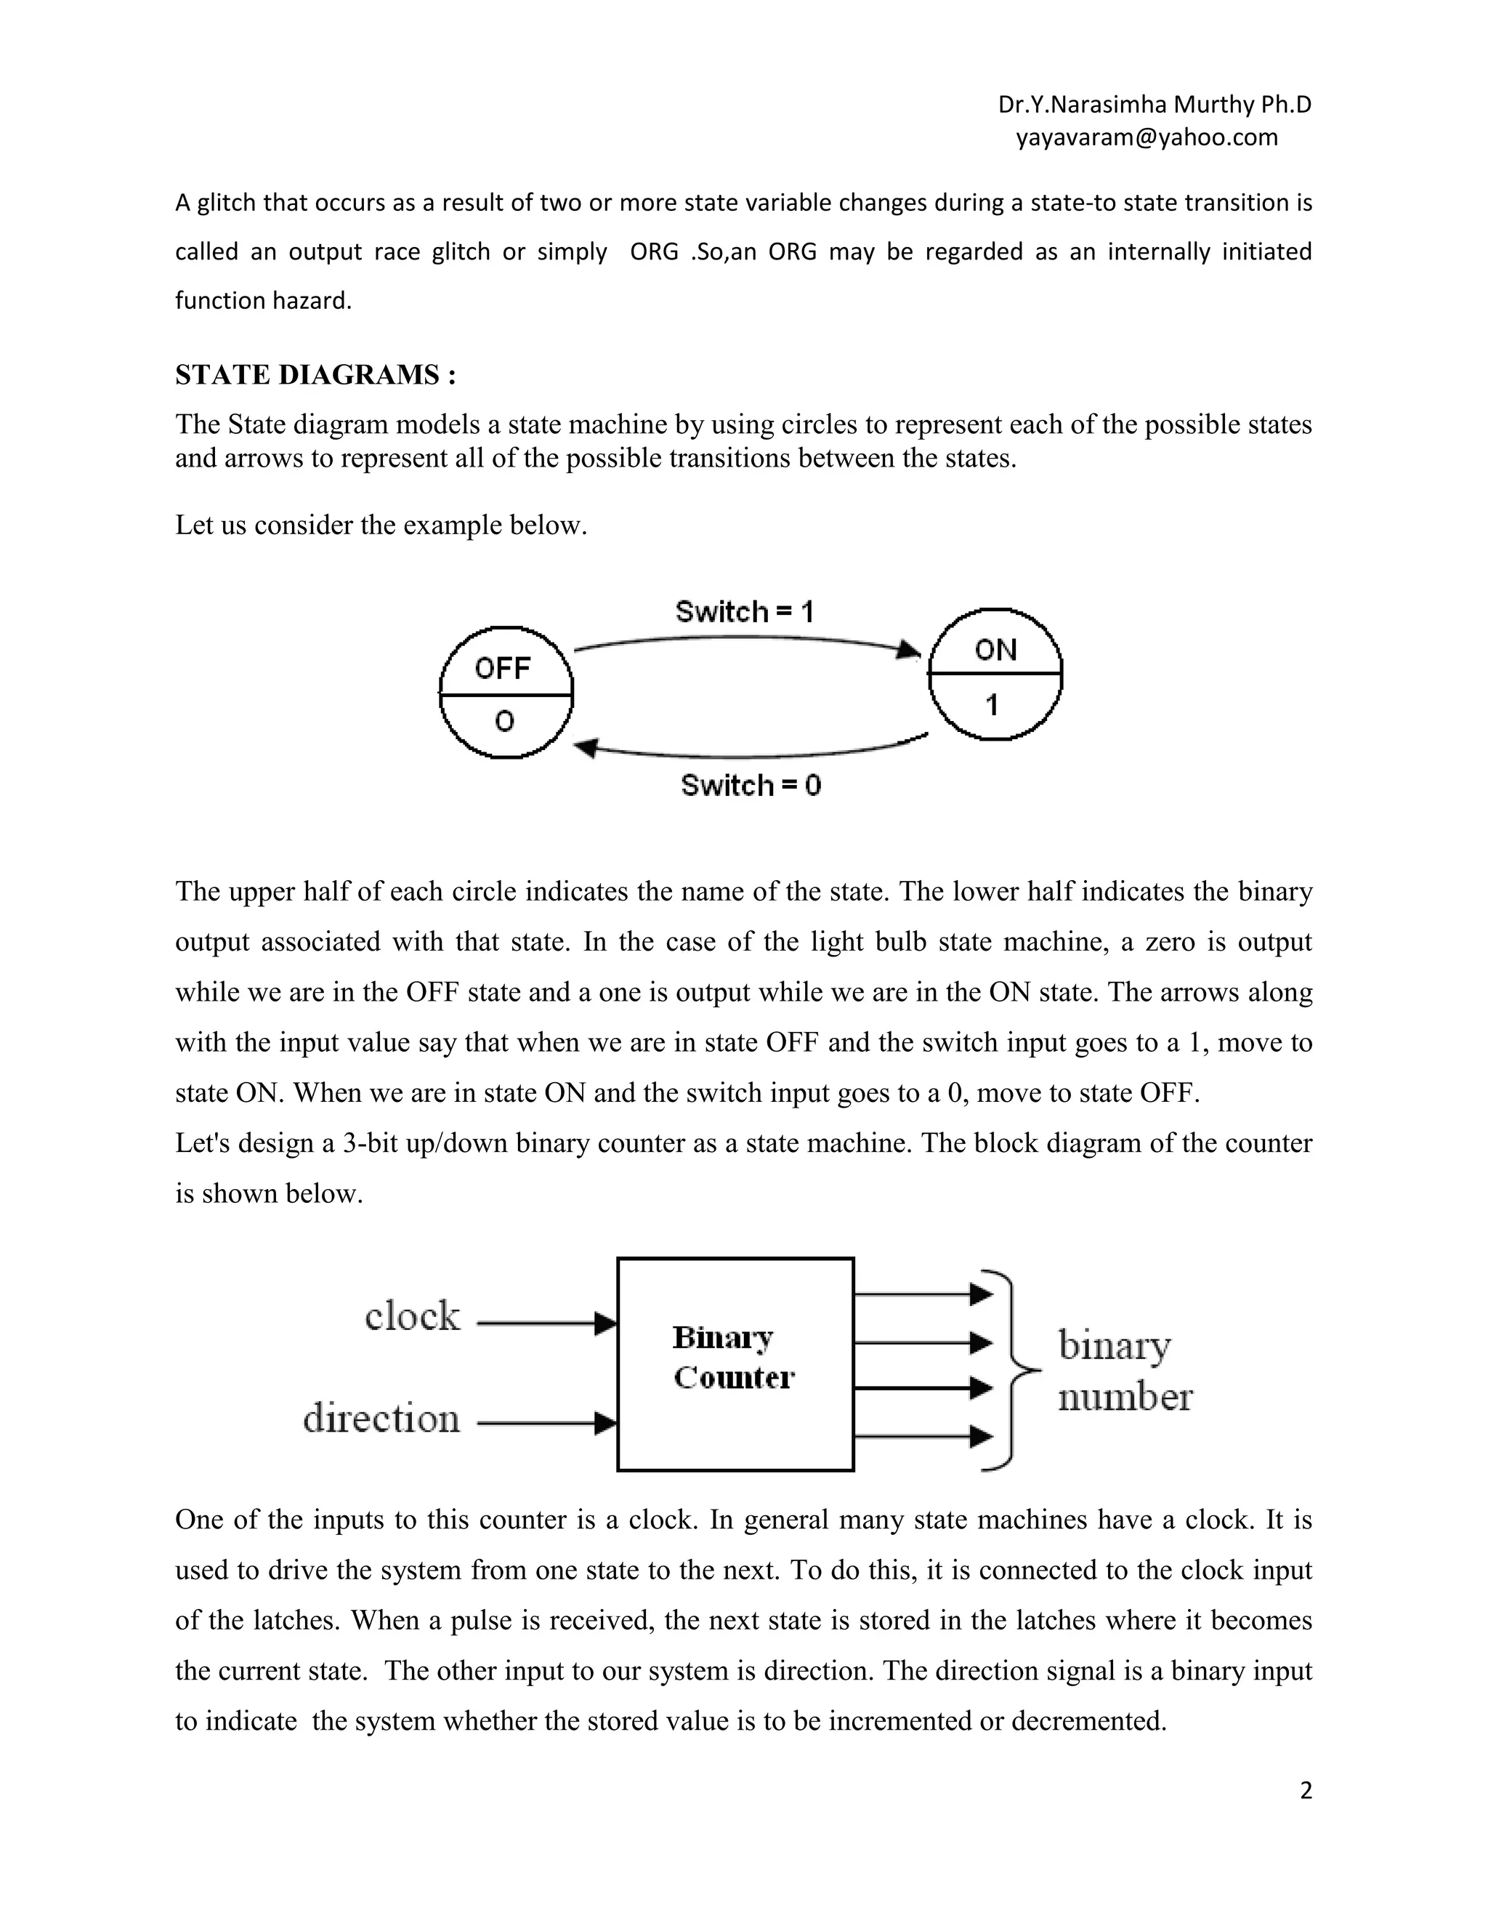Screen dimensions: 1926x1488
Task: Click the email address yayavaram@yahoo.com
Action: pyautogui.click(x=1146, y=137)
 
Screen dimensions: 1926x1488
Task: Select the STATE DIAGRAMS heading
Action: pyautogui.click(x=315, y=375)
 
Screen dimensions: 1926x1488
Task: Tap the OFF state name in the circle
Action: pyautogui.click(x=503, y=669)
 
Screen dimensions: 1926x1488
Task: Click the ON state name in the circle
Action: pyautogui.click(x=995, y=650)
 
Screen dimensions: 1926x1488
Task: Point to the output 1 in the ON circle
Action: pyautogui.click(x=992, y=704)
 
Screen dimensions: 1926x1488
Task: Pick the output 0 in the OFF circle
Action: pyautogui.click(x=504, y=722)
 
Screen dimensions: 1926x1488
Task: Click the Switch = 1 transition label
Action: pyautogui.click(x=744, y=611)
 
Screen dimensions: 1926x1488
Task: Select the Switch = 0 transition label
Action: pyautogui.click(x=750, y=785)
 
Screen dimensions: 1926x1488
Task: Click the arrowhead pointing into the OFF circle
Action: pyautogui.click(x=586, y=749)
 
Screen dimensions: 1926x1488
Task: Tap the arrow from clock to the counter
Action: pyautogui.click(x=546, y=1323)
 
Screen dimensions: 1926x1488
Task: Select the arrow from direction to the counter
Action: pyautogui.click(x=546, y=1422)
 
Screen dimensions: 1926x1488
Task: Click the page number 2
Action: pyautogui.click(x=1306, y=1790)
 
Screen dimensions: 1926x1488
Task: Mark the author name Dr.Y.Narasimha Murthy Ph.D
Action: pyautogui.click(x=1154, y=105)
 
